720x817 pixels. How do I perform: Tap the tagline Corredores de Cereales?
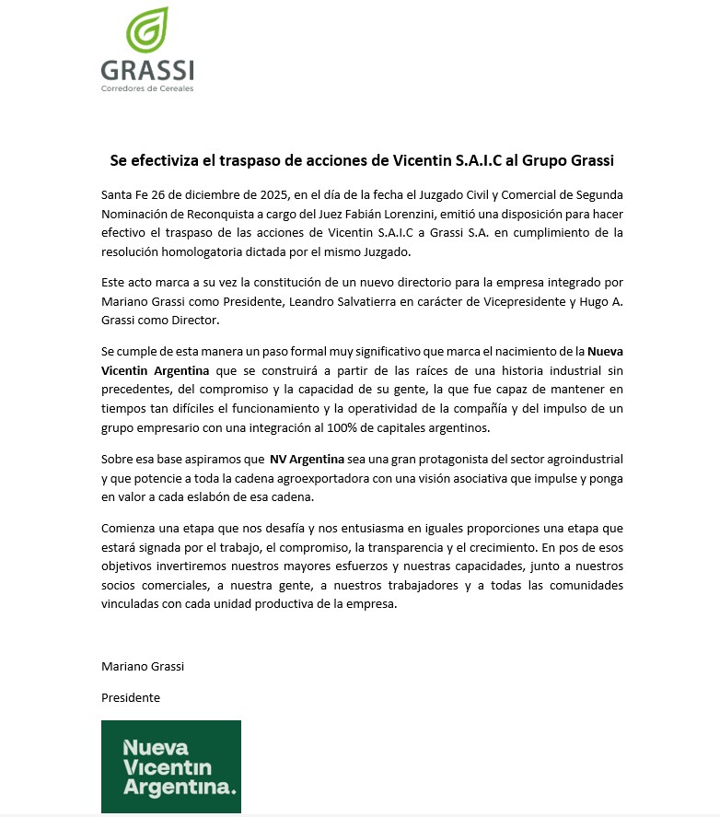pyautogui.click(x=147, y=88)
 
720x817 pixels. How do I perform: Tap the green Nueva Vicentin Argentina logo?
pyautogui.click(x=171, y=766)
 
